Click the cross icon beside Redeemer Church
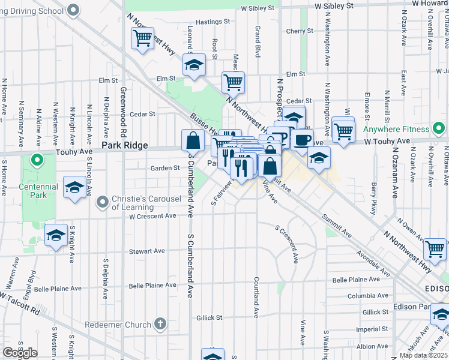pos(160,325)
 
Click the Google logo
pos(20,353)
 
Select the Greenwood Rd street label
pos(122,114)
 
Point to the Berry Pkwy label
pos(373,197)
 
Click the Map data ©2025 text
pos(424,355)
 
